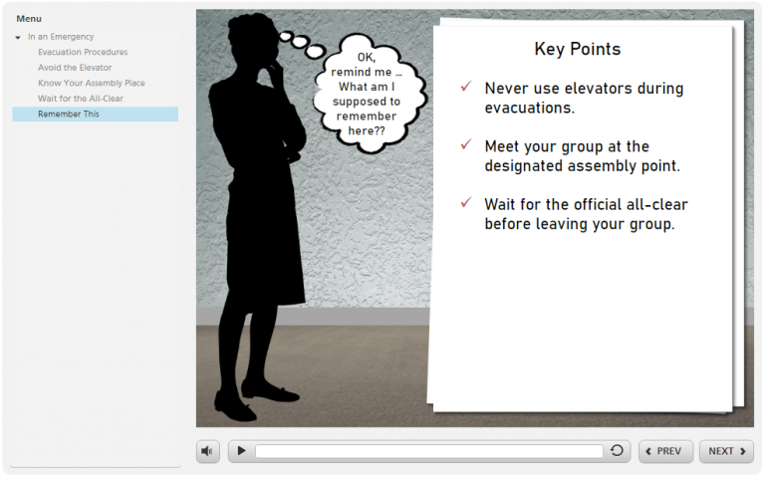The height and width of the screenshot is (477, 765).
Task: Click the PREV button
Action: pos(665,451)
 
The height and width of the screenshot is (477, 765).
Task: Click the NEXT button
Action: pos(726,451)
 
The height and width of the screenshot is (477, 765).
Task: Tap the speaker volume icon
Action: pos(207,451)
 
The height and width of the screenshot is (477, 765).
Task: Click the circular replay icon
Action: pos(617,451)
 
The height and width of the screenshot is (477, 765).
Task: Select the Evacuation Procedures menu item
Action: pos(83,52)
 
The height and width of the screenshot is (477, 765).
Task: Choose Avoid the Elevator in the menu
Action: pos(75,68)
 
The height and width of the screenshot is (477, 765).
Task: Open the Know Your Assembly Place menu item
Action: pos(92,83)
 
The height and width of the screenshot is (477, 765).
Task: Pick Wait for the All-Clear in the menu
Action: pos(81,99)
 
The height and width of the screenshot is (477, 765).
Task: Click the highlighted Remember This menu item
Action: pos(69,115)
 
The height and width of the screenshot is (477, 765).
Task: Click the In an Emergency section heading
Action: pos(61,37)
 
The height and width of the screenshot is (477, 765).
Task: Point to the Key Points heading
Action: pos(577,49)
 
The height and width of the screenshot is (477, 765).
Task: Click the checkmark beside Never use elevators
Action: pos(465,88)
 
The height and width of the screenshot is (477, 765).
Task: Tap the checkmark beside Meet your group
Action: pos(465,145)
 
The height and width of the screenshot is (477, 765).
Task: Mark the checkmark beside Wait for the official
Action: pos(465,203)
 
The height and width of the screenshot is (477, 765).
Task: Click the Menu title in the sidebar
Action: pos(29,18)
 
